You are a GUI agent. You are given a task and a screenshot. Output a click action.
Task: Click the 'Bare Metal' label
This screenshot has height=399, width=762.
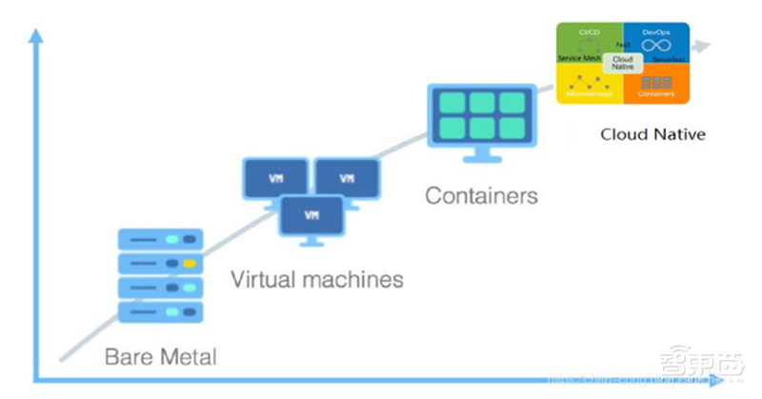(x=160, y=358)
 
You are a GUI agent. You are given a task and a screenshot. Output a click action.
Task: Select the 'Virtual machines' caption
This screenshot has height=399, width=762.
(x=317, y=280)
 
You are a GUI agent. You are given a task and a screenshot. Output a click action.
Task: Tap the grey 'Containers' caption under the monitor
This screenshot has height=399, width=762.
(x=481, y=197)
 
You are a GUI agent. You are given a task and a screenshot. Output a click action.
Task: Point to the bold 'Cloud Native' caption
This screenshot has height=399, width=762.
(x=652, y=134)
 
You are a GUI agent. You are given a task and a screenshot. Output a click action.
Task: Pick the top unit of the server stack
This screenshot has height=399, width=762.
(x=159, y=239)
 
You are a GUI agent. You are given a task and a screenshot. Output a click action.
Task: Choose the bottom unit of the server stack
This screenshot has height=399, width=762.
(x=159, y=310)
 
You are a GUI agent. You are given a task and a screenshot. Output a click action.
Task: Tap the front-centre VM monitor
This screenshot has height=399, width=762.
(x=311, y=215)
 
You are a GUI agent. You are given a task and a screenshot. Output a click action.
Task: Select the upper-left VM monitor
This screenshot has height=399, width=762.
(x=276, y=178)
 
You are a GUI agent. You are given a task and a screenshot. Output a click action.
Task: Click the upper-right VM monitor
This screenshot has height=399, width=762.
(x=347, y=178)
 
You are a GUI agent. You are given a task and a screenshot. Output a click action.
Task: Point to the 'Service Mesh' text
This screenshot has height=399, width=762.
(x=577, y=58)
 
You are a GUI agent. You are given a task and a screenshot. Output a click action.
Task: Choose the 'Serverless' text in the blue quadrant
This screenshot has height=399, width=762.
(x=668, y=59)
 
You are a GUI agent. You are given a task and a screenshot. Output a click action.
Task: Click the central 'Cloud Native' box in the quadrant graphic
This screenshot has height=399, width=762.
(x=622, y=63)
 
